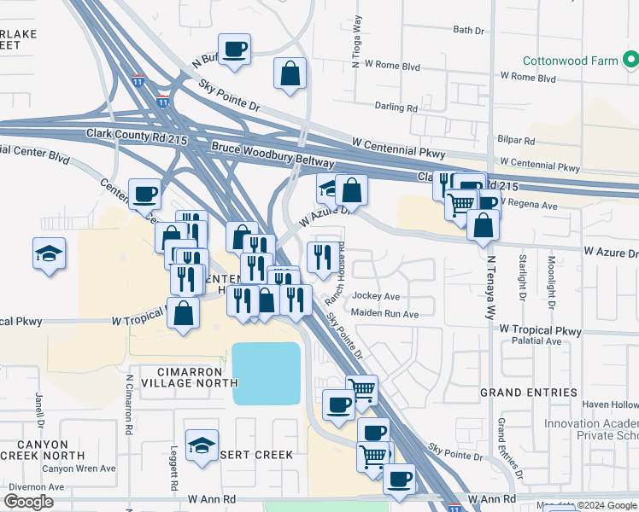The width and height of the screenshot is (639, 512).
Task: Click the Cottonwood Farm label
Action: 570,61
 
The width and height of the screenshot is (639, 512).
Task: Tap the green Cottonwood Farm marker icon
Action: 630,61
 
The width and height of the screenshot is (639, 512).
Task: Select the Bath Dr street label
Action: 468,30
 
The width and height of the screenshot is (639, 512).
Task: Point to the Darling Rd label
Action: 396,108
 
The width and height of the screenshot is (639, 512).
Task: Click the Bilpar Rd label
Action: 515,138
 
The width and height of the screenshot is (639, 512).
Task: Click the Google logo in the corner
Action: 28,502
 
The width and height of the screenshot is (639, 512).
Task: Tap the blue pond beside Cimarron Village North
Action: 266,373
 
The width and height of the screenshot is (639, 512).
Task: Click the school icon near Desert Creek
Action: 202,445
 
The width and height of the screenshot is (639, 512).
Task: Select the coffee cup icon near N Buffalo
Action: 234,49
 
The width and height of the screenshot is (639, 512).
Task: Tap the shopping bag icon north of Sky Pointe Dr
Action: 290,73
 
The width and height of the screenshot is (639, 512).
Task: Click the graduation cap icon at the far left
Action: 49,253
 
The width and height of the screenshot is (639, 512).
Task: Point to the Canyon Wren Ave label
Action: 79,468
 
